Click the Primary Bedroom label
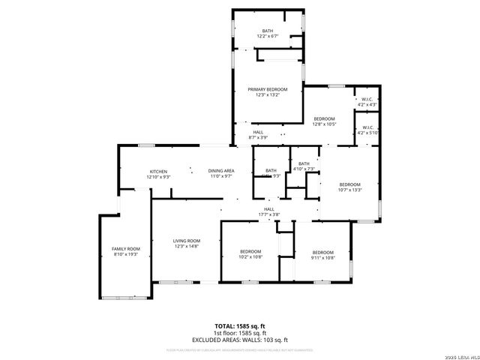click(x=268, y=89)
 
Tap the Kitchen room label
click(x=158, y=171)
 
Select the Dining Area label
click(x=221, y=171)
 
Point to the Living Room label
click(x=187, y=241)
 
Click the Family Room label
click(x=126, y=248)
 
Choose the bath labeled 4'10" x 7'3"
click(x=304, y=163)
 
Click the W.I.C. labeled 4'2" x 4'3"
click(x=367, y=100)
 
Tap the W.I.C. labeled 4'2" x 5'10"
click(x=367, y=127)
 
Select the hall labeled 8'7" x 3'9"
click(x=258, y=132)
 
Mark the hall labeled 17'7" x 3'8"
click(x=268, y=209)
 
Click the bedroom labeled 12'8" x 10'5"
click(x=324, y=119)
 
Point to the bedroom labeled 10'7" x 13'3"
click(x=349, y=184)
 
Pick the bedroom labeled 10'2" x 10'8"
click(x=250, y=251)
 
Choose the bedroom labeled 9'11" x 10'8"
click(x=322, y=251)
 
